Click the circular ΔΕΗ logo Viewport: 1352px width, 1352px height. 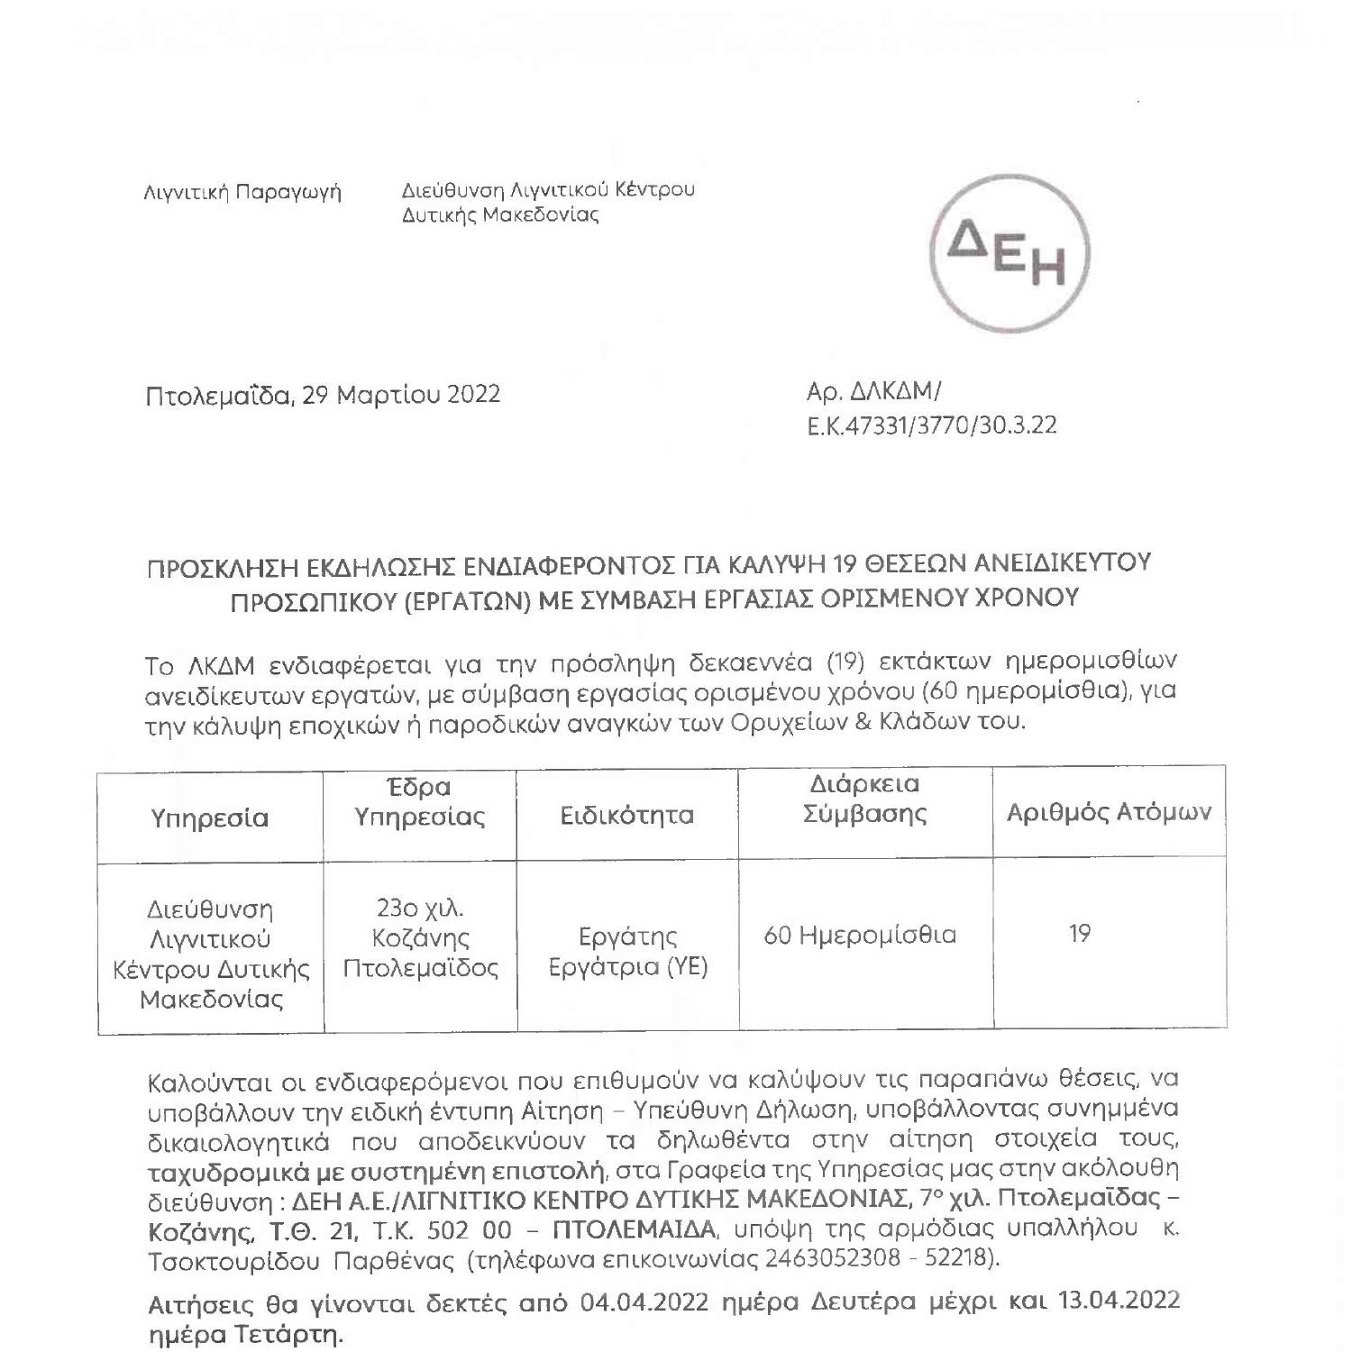[1009, 254]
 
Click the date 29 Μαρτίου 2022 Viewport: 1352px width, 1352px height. [401, 395]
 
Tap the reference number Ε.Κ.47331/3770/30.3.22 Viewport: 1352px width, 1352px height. [932, 425]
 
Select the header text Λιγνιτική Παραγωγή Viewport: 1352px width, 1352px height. [242, 192]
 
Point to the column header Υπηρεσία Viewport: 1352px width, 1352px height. [210, 818]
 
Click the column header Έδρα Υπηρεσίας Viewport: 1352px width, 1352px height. [420, 801]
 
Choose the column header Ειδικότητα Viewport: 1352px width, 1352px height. [627, 816]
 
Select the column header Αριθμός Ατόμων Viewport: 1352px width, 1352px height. [1109, 812]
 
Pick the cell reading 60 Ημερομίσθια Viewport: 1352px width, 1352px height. [860, 935]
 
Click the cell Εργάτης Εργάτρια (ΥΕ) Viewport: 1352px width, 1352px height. [629, 951]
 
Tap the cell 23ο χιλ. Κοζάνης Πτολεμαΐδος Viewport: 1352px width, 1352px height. [421, 937]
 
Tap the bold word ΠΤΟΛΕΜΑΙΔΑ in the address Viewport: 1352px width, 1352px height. [634, 1229]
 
